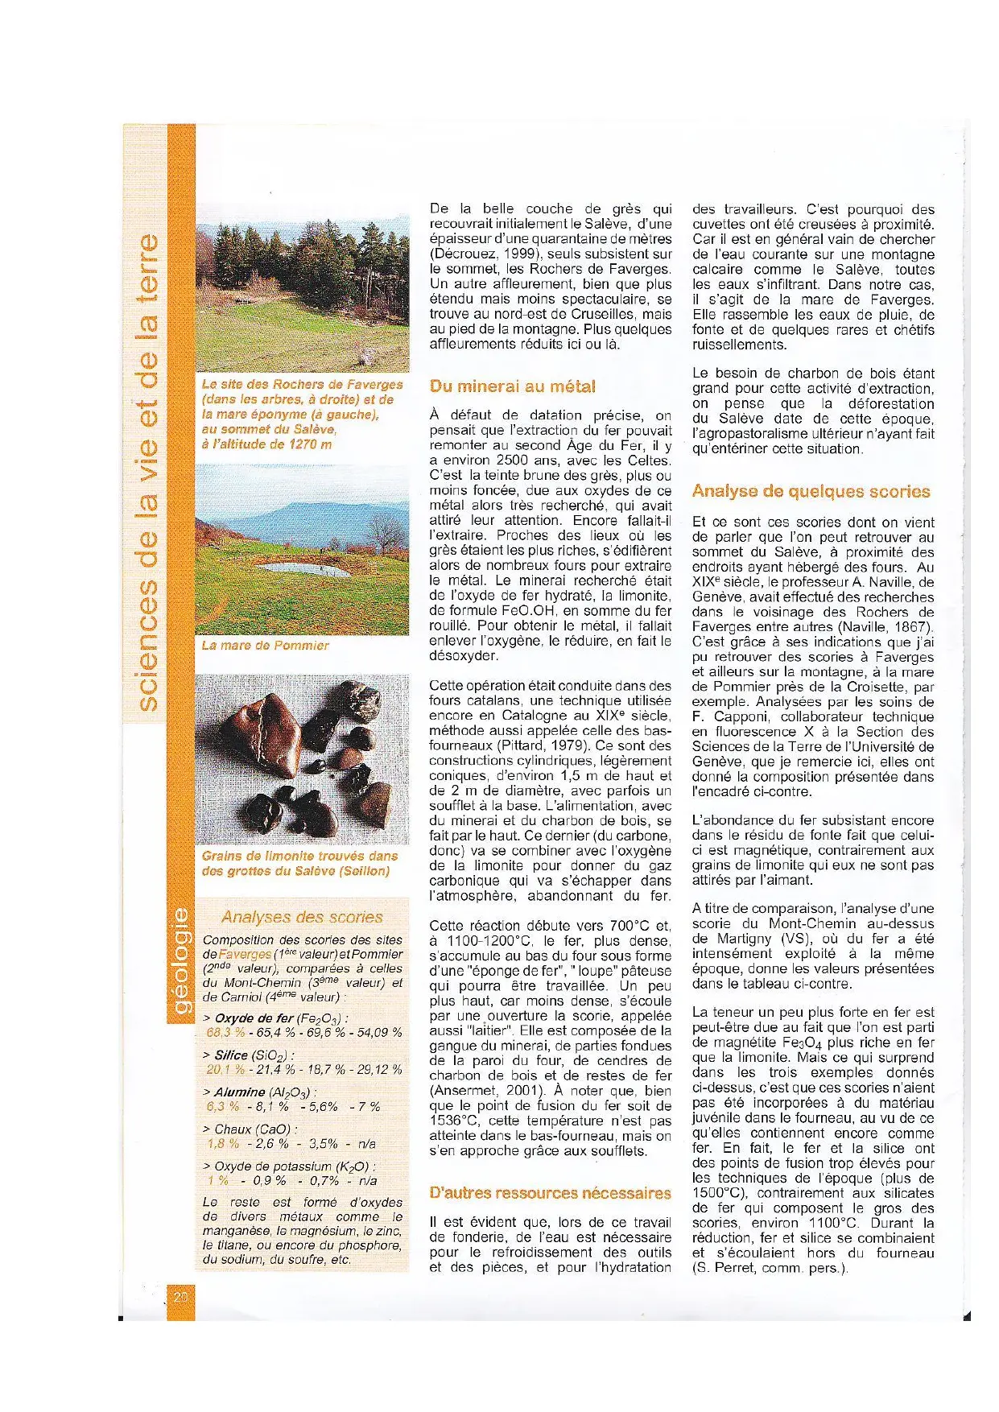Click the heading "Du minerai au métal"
pyautogui.click(x=512, y=386)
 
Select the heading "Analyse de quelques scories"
pyautogui.click(x=811, y=491)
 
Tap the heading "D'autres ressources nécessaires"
pyautogui.click(x=550, y=1193)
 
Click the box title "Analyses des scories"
pyautogui.click(x=302, y=917)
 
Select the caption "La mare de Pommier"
pyautogui.click(x=265, y=646)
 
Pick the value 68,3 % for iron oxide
pyautogui.click(x=225, y=1033)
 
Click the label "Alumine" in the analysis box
pyautogui.click(x=240, y=1092)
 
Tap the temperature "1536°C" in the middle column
pyautogui.click(x=448, y=1121)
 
